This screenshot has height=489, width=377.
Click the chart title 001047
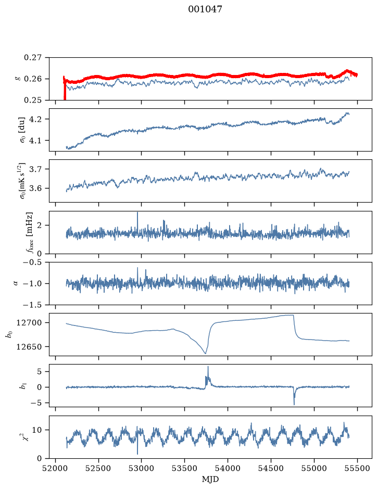[x=205, y=9]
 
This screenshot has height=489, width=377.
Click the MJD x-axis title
[x=210, y=479]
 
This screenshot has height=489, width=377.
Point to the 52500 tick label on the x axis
[x=98, y=468]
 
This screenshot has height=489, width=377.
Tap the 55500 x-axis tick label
[x=357, y=468]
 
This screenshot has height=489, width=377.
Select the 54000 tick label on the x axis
[x=228, y=468]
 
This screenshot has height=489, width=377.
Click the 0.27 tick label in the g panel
[x=33, y=58]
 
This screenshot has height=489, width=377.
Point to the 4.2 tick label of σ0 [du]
[x=35, y=119]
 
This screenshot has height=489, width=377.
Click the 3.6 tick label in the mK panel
[x=35, y=189]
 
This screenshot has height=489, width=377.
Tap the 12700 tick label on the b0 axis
[x=29, y=322]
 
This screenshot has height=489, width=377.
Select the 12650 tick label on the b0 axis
[x=29, y=346]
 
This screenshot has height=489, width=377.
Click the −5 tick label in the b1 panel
[x=36, y=403]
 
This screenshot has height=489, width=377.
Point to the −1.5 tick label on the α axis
[x=32, y=305]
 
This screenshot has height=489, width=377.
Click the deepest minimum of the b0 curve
[x=205, y=353]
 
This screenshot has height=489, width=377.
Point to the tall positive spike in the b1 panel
[x=208, y=367]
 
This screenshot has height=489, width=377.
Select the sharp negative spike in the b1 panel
[x=294, y=404]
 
